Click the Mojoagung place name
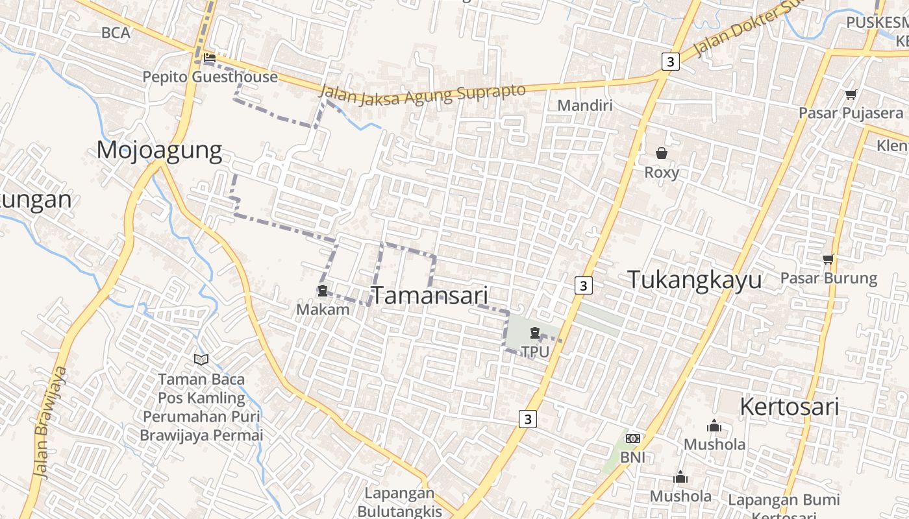159,151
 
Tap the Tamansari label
429,295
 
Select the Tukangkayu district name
695,280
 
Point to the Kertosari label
790,407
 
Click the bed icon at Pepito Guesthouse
209,58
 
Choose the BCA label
116,32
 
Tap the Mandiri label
585,105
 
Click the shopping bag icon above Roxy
662,153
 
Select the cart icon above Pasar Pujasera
851,95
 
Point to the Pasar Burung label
828,278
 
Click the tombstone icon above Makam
322,291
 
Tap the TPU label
535,352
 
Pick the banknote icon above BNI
633,439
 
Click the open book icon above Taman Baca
201,359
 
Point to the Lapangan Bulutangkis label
399,502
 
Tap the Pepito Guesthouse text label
210,77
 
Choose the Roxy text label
662,173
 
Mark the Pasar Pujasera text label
851,113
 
